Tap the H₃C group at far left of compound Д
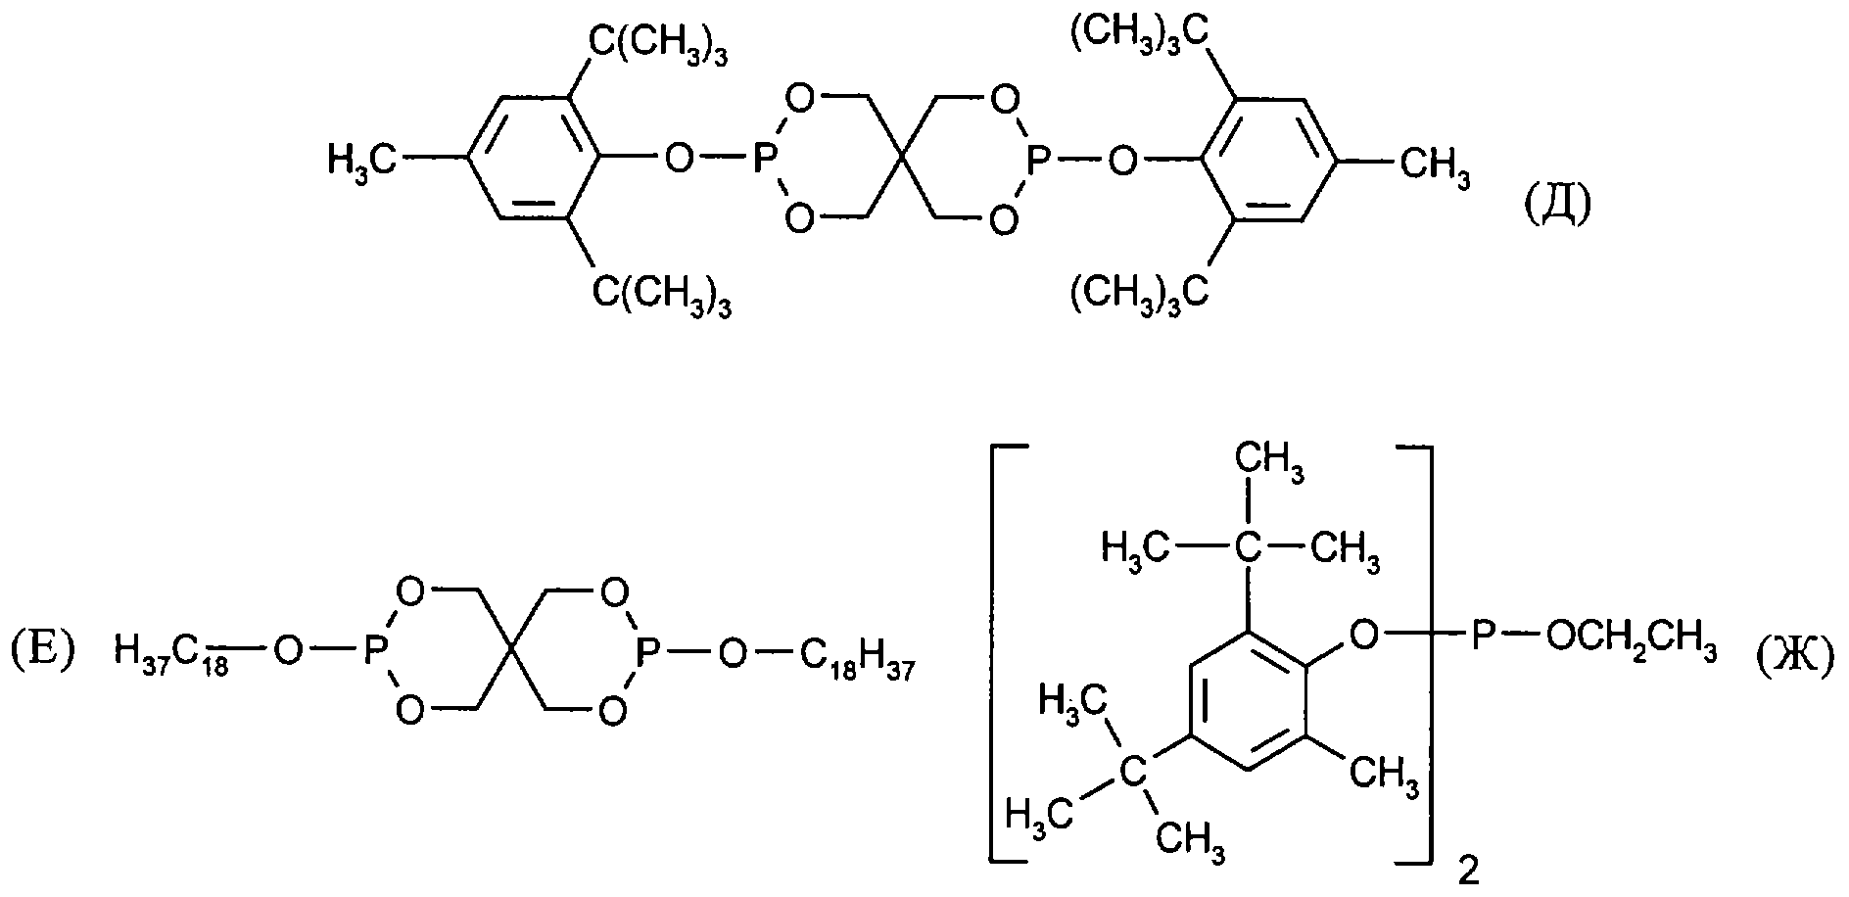click(361, 159)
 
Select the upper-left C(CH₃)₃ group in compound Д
click(658, 47)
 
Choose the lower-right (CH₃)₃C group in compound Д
click(1138, 291)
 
